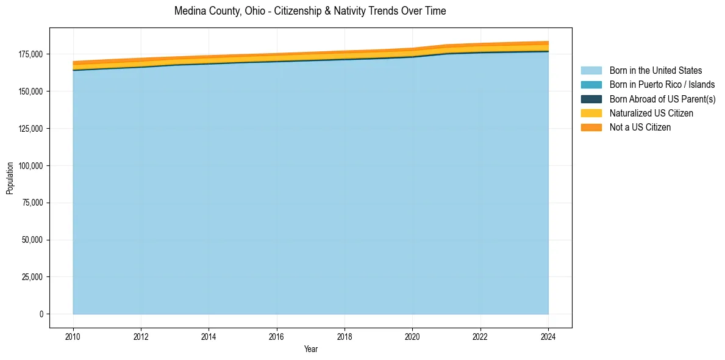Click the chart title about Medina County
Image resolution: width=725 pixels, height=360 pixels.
tap(310, 11)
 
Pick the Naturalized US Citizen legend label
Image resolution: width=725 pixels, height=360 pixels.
tap(651, 113)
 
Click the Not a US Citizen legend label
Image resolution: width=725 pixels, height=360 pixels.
tap(640, 127)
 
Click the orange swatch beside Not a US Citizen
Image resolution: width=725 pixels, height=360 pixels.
tap(591, 127)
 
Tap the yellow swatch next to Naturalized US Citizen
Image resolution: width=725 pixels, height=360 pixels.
tap(591, 113)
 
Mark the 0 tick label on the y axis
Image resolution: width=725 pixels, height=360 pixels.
tap(41, 314)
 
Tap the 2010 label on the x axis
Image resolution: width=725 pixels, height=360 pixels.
tap(73, 336)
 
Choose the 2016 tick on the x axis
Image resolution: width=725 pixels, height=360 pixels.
tap(277, 336)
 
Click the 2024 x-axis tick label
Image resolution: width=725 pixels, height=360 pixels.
tap(548, 336)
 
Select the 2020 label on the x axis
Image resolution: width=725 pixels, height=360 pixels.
tap(413, 336)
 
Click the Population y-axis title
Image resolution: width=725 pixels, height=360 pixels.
tap(10, 178)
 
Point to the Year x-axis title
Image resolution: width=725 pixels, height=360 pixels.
tap(310, 349)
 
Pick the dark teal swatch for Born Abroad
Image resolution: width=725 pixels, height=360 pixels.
tap(591, 99)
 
